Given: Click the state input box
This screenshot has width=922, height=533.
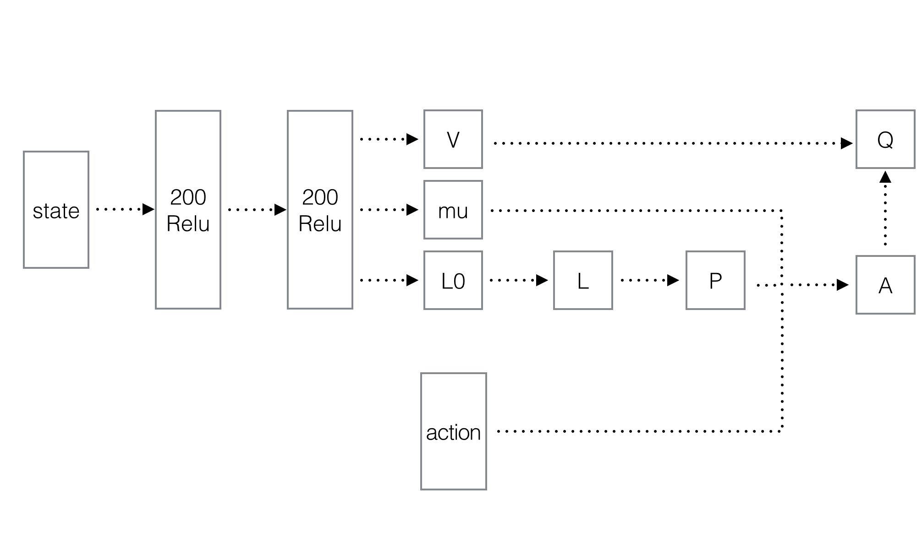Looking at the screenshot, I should (x=56, y=210).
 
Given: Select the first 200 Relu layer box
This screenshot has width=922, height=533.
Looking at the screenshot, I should (x=188, y=210).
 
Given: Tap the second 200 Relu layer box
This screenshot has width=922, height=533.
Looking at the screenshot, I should (x=320, y=210).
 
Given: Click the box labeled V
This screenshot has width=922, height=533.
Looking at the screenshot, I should (x=453, y=139).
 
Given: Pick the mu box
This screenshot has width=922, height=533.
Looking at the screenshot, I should (x=453, y=210).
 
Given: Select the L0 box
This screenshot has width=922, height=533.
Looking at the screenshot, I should (x=453, y=280).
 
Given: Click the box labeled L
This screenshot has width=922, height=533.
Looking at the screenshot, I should (x=583, y=280).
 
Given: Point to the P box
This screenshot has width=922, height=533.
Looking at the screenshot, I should (x=715, y=280).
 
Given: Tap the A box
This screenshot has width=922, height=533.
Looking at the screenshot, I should (x=885, y=285).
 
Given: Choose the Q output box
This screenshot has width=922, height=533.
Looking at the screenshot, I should (x=885, y=139).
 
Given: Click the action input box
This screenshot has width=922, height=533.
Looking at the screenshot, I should (x=453, y=431).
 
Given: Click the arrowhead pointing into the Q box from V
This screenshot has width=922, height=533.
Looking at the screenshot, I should (x=846, y=143).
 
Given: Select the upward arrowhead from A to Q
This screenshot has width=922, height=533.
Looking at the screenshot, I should (x=885, y=177).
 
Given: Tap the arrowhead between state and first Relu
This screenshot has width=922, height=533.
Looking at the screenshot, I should (x=148, y=209).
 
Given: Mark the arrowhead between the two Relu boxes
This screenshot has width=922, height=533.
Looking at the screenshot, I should (x=280, y=210).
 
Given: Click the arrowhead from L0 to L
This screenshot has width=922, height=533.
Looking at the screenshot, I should (x=542, y=280).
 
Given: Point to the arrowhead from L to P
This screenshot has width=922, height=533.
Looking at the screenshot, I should (x=673, y=280).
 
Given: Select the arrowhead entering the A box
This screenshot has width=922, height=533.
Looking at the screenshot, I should (x=842, y=285).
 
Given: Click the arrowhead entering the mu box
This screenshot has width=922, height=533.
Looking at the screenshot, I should (x=412, y=210).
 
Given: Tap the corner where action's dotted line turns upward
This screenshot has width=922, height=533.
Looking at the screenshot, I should (x=781, y=431).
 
